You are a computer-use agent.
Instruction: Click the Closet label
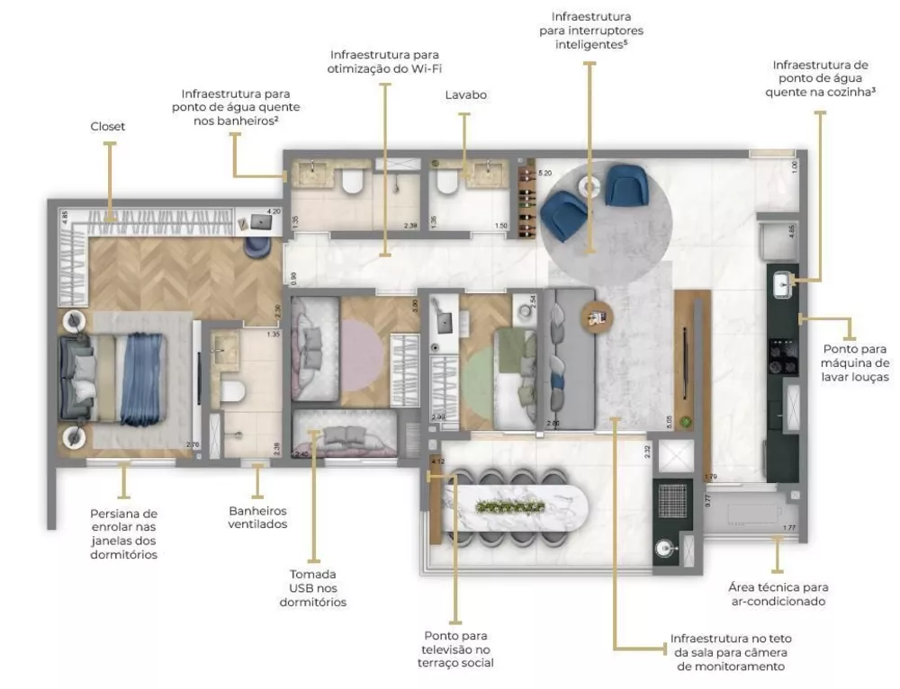(x=107, y=127)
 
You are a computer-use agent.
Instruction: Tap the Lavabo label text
(x=464, y=94)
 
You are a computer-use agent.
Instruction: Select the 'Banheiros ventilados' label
(x=257, y=516)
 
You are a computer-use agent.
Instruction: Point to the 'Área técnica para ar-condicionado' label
(x=777, y=595)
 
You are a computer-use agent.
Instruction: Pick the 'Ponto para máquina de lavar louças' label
(x=854, y=363)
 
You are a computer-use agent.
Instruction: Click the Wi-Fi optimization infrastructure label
(x=386, y=61)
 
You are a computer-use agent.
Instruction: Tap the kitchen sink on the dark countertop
(x=782, y=286)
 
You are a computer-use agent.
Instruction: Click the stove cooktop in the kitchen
(x=780, y=354)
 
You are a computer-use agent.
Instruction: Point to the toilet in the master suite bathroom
(x=233, y=390)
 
